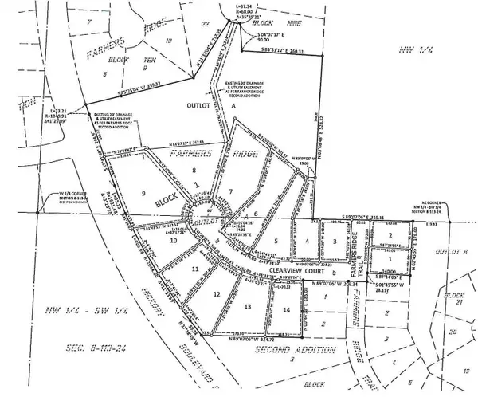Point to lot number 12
(216, 296)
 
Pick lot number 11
(194, 271)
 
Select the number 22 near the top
(206, 24)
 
